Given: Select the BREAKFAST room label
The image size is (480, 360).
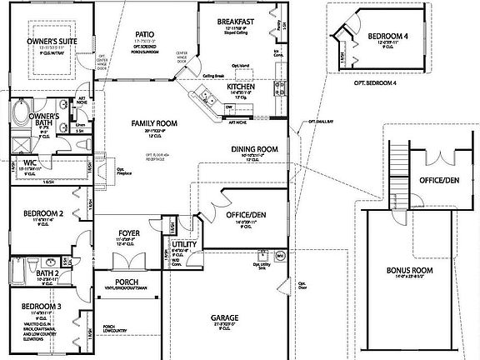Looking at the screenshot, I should (x=234, y=21).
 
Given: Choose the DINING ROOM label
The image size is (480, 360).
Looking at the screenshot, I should (x=253, y=149).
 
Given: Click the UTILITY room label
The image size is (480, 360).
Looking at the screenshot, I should (x=184, y=244).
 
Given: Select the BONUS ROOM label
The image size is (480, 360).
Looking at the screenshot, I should (x=410, y=270).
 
